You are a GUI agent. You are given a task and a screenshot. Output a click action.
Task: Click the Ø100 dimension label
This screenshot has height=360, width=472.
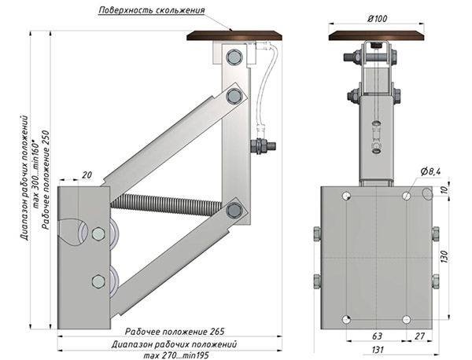[377, 19]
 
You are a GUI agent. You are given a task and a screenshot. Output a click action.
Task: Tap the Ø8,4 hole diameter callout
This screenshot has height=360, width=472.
[431, 171]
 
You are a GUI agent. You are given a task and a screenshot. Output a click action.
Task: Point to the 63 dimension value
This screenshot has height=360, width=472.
[377, 336]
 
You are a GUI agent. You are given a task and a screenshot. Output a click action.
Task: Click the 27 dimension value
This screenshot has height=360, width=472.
[419, 336]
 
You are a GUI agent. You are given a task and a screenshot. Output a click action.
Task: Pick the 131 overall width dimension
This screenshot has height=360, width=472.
[378, 350]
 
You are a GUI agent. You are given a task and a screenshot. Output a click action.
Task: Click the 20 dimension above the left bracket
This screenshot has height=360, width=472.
[87, 174]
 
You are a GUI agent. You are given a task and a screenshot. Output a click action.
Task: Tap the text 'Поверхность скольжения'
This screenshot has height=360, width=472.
[152, 10]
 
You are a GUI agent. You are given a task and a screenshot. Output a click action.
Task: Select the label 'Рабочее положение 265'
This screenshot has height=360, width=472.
[175, 332]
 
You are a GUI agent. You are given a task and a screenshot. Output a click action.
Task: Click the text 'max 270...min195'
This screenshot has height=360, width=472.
[175, 355]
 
